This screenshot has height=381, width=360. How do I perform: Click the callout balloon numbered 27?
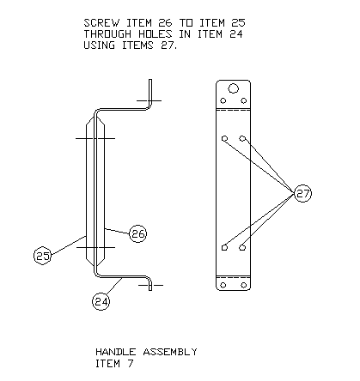coord(302,193)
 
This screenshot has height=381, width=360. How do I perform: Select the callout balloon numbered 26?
coord(138,233)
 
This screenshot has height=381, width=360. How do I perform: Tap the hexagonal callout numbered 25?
coord(43,256)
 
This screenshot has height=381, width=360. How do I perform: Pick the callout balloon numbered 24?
coord(101,301)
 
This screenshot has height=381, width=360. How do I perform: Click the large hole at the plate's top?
coord(233,88)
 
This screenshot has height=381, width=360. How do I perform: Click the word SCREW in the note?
coord(101,23)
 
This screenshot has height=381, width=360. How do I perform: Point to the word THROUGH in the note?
coord(107,34)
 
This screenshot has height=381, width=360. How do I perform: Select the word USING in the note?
coord(99,45)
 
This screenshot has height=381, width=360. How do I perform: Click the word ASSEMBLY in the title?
coord(170,352)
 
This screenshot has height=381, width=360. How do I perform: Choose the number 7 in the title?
coord(131,364)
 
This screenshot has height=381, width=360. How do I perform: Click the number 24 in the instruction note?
coord(236,34)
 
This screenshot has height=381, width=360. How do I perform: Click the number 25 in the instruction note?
coord(238,23)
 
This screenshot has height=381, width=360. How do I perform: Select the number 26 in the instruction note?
coord(165,23)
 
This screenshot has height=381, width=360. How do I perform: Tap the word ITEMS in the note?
coord(137,45)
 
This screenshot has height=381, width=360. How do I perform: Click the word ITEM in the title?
coord(107,364)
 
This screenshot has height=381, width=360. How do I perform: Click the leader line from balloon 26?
coord(117,231)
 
